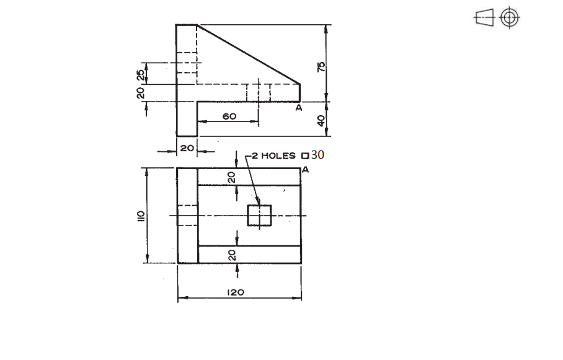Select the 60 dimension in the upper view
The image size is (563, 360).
point(229,116)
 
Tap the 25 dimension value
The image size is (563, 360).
point(141,74)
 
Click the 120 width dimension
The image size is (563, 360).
point(236,292)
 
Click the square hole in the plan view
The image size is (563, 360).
point(260,216)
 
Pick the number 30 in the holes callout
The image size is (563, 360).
point(317,154)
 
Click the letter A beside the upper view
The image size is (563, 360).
point(298,108)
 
